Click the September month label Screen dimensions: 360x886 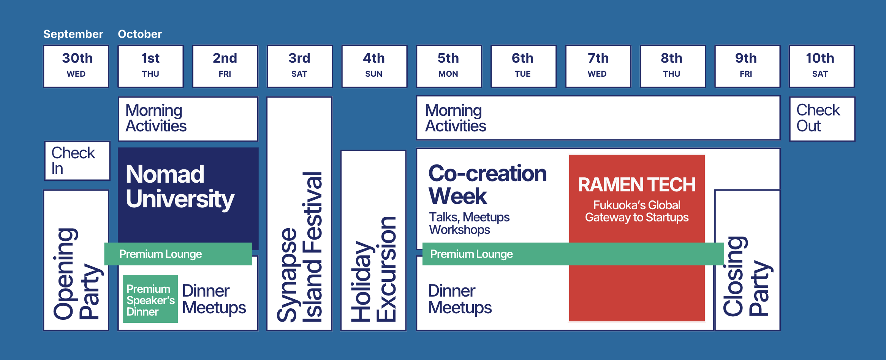pyautogui.click(x=73, y=34)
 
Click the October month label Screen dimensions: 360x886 pyautogui.click(x=140, y=34)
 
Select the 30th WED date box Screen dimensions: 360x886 pyautogui.click(x=76, y=66)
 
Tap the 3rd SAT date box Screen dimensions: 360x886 pyautogui.click(x=299, y=66)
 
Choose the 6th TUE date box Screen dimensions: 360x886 pyautogui.click(x=523, y=66)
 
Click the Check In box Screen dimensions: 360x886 pyautogui.click(x=77, y=161)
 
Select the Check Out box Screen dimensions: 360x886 pyautogui.click(x=821, y=118)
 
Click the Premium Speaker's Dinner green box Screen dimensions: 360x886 pyautogui.click(x=150, y=299)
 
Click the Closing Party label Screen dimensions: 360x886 pyautogui.click(x=747, y=276)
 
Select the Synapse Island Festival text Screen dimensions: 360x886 pyautogui.click(x=300, y=247)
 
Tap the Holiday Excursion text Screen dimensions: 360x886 pyautogui.click(x=373, y=269)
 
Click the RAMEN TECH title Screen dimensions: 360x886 pyautogui.click(x=637, y=185)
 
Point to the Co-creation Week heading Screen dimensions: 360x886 pyautogui.click(x=487, y=185)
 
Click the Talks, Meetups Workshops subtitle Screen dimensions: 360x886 pyautogui.click(x=469, y=223)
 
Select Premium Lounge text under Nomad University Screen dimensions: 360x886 pyautogui.click(x=161, y=254)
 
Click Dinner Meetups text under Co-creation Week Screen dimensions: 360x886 pyautogui.click(x=460, y=299)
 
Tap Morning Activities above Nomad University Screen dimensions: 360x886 pyautogui.click(x=156, y=118)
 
